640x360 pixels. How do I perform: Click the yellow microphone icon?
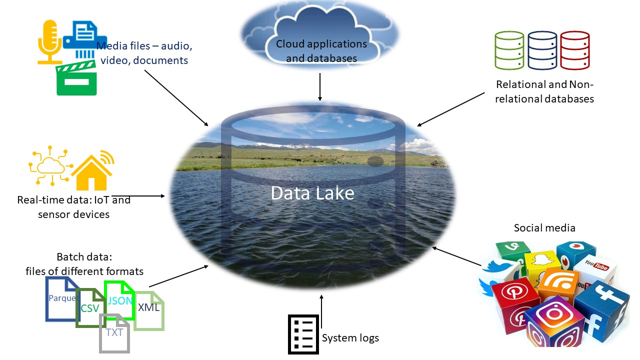[x=49, y=42]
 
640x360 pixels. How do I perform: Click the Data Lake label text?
[x=312, y=193]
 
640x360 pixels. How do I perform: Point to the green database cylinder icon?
[x=509, y=50]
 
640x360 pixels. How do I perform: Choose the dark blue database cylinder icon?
[x=542, y=50]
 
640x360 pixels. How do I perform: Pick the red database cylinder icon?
[x=575, y=50]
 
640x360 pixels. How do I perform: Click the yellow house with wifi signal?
[x=92, y=171]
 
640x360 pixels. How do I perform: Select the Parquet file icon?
[x=60, y=298]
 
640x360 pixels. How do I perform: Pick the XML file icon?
[x=149, y=310]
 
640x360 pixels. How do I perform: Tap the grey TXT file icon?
[x=114, y=332]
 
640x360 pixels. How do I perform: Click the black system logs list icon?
[x=303, y=334]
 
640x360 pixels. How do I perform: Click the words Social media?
[x=544, y=228]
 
